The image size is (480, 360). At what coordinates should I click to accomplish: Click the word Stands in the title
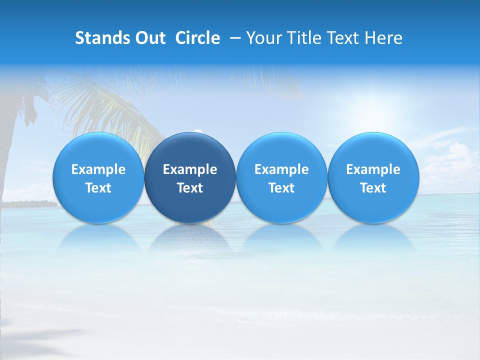99,38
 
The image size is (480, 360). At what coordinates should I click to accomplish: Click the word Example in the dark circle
190,169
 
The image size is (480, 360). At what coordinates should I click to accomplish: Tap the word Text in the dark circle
190,188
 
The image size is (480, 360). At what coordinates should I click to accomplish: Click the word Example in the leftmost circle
98,169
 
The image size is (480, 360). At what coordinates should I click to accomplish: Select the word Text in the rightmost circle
373,188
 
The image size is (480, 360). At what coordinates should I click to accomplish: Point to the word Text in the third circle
281,188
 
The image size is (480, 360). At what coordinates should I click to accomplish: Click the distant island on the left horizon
30,203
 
